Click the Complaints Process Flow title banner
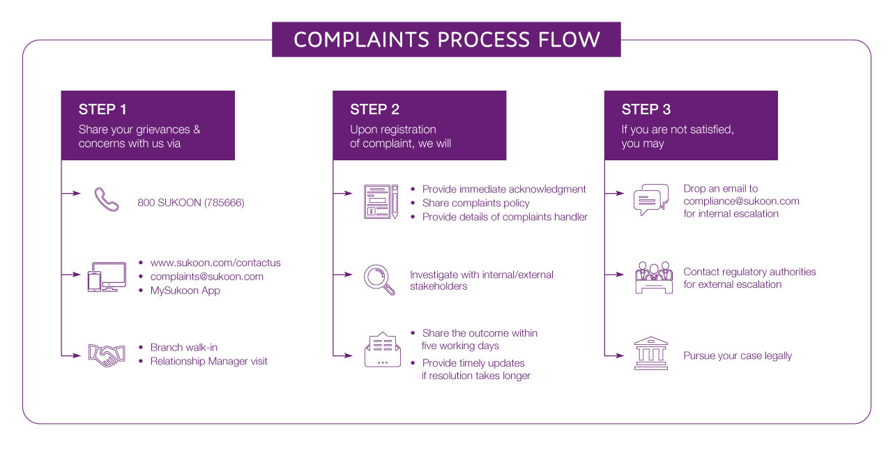click(446, 39)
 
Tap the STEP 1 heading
click(102, 109)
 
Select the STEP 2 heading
click(374, 109)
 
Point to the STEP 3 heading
click(646, 109)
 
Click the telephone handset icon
click(107, 199)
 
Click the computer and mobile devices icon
click(107, 277)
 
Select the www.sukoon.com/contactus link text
click(215, 263)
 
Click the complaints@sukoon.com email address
click(207, 277)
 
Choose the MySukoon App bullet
click(185, 291)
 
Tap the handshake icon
click(107, 355)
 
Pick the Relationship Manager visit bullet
click(208, 361)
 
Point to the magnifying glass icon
click(380, 279)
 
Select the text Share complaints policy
click(476, 203)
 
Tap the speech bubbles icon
click(651, 200)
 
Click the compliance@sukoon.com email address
click(741, 201)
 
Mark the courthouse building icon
click(651, 353)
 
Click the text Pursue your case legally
click(738, 355)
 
